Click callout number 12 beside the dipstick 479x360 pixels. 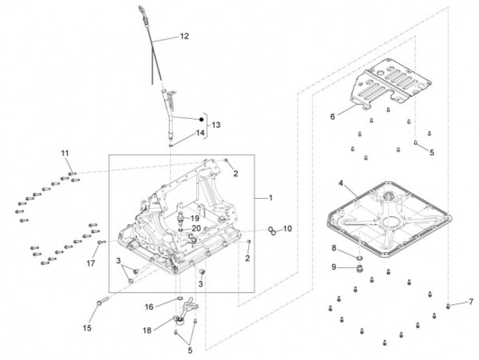184,36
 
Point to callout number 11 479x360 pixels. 65,152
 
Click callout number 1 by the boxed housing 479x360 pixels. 270,197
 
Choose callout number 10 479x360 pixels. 287,228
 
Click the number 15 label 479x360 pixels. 87,327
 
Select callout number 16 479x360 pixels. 148,306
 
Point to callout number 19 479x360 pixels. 193,218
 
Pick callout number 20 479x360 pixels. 196,229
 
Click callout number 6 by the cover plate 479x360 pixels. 332,116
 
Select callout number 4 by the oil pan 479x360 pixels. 341,184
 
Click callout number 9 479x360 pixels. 335,267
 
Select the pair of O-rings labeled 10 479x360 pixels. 272,231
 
